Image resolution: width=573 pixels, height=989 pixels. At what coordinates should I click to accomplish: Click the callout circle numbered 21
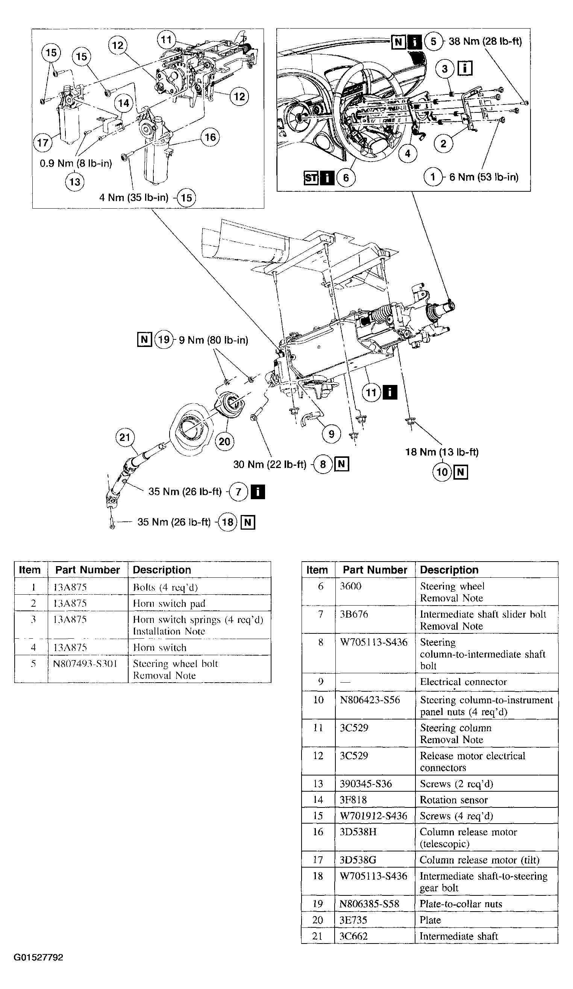[125, 437]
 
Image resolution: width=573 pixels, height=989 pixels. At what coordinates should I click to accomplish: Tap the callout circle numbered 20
[224, 442]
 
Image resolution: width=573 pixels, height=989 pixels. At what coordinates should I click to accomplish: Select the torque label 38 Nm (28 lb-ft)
[485, 41]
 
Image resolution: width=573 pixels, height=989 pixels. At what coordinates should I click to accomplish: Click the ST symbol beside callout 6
[311, 178]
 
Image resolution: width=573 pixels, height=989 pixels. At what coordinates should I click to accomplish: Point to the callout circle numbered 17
[43, 142]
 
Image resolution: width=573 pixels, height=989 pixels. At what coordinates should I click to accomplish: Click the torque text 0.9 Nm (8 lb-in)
[76, 163]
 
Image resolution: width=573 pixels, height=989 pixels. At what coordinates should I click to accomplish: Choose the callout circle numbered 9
[332, 434]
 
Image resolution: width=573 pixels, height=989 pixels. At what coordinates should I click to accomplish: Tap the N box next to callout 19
[144, 339]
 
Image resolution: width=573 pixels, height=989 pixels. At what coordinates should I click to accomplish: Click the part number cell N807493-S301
[85, 663]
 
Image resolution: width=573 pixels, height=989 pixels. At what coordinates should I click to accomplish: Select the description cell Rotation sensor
[454, 800]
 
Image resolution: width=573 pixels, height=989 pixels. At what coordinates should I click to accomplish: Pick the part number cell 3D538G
[358, 860]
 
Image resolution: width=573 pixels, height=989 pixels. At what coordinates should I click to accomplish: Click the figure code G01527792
[38, 957]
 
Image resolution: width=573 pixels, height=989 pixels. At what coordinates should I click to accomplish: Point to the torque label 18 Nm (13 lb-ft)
[442, 452]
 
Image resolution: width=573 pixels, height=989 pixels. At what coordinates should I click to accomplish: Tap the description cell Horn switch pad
[169, 603]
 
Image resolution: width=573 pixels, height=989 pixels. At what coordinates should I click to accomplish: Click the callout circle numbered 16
[210, 137]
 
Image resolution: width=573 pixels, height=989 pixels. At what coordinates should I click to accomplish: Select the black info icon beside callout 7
[258, 492]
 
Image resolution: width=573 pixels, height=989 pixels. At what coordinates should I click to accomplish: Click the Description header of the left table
[162, 570]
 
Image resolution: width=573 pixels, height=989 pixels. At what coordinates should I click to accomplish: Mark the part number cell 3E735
[353, 920]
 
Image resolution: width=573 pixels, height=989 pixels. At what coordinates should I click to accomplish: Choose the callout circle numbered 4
[408, 153]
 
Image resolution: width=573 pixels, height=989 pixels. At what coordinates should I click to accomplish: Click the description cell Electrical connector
[463, 682]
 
